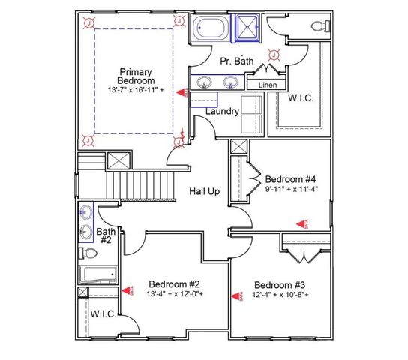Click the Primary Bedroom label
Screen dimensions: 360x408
pos(136,76)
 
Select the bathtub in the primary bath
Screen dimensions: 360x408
pos(213,28)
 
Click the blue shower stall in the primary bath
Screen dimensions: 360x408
pos(247,28)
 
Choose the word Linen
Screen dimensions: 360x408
pos(268,85)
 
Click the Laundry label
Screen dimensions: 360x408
pos(223,112)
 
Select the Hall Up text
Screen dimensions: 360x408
pos(204,192)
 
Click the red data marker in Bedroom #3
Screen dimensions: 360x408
pos(242,294)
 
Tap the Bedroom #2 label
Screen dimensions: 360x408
pos(173,284)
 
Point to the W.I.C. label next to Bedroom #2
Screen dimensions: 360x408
pos(103,313)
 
